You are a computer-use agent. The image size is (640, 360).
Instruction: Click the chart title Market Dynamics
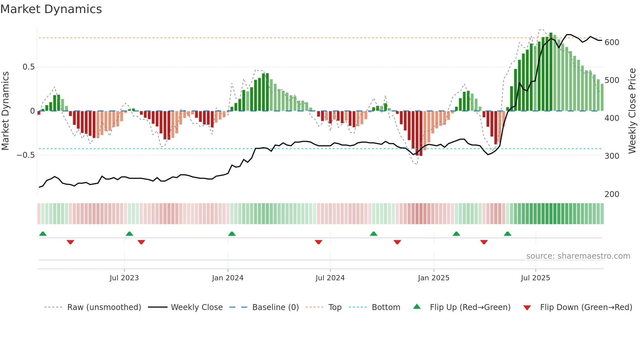click(x=51, y=9)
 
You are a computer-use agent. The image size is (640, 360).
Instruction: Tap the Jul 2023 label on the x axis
click(x=124, y=278)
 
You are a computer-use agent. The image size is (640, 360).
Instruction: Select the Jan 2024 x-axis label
click(x=228, y=278)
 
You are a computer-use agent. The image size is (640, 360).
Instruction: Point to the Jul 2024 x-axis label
click(x=330, y=278)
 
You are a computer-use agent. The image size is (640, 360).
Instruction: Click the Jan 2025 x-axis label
click(x=434, y=278)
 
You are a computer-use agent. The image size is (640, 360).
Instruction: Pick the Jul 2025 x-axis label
click(x=536, y=278)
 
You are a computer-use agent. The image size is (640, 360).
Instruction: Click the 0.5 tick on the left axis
click(x=28, y=67)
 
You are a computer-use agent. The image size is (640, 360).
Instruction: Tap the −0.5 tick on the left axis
click(x=25, y=155)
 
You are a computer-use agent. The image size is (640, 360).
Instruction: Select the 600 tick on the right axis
click(x=612, y=42)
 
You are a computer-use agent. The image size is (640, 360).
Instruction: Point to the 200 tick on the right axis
click(x=612, y=194)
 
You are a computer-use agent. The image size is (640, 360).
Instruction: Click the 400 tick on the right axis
click(x=612, y=118)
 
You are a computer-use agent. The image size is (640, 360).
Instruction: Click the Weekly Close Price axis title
click(x=632, y=111)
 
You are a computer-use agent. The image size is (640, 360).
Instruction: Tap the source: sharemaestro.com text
click(x=578, y=256)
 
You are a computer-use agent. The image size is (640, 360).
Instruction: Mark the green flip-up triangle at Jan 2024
click(x=232, y=234)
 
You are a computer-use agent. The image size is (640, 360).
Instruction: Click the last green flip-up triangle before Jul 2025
click(x=507, y=234)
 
